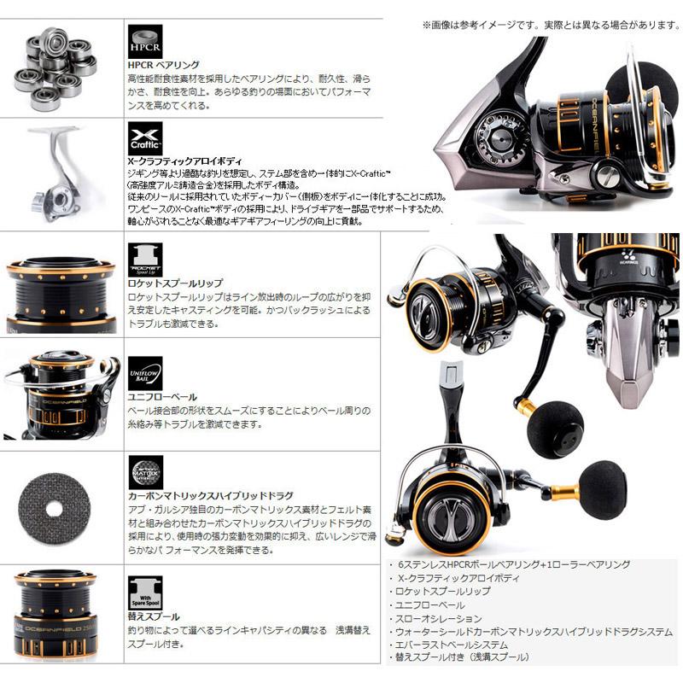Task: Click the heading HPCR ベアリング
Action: click(x=163, y=65)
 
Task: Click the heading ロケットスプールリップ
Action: click(x=173, y=281)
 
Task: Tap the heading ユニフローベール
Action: click(x=161, y=397)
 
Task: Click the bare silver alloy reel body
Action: click(x=55, y=172)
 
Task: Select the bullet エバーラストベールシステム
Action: click(x=452, y=645)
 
